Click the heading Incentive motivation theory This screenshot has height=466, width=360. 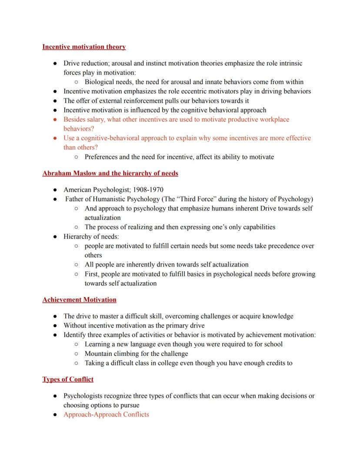click(x=84, y=47)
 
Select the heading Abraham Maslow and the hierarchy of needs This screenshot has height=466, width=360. click(x=110, y=173)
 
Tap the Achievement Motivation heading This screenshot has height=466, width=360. click(x=79, y=299)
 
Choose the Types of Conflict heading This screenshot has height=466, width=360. click(x=68, y=379)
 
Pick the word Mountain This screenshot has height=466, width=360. click(x=98, y=354)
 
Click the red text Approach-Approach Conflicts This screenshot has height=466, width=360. click(x=106, y=414)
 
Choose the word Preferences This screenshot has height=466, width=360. click(x=102, y=157)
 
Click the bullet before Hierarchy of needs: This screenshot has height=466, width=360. click(x=55, y=237)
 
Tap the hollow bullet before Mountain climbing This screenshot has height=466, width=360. click(x=76, y=354)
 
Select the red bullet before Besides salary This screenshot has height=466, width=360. click(x=55, y=120)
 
